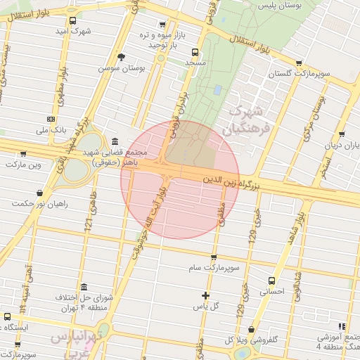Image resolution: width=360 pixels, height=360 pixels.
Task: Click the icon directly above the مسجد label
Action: pyautogui.click(x=195, y=51)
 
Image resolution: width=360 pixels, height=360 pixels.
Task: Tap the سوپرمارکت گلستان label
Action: pyautogui.click(x=300, y=73)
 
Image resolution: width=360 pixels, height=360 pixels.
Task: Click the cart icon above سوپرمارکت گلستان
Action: pyautogui.click(x=300, y=63)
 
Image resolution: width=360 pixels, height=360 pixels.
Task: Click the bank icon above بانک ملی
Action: pyautogui.click(x=50, y=119)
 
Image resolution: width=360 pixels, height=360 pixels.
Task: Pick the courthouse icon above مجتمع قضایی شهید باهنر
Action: pyautogui.click(x=115, y=141)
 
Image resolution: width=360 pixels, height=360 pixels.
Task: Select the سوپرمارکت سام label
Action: pyautogui.click(x=214, y=268)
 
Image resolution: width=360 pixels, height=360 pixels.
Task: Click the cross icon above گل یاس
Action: pyautogui.click(x=205, y=295)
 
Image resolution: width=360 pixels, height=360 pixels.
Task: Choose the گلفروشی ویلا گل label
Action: pyautogui.click(x=250, y=340)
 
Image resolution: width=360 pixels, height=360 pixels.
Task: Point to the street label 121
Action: pyautogui.click(x=89, y=222)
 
